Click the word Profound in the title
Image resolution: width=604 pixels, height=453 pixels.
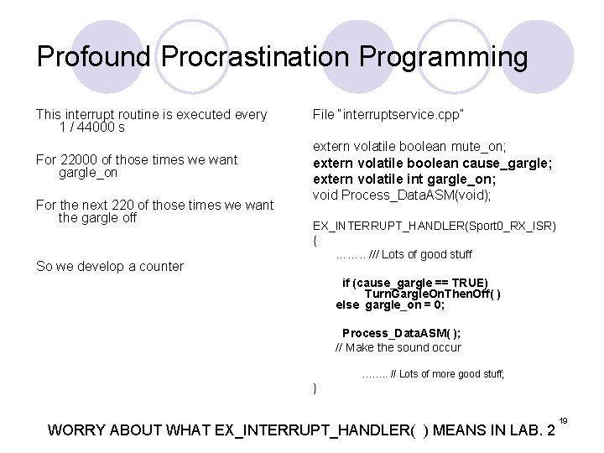pos(95,58)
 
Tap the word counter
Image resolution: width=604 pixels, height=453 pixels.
pos(155,266)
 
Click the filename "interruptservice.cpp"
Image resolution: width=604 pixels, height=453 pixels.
pos(390,113)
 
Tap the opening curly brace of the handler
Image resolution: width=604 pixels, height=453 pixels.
pos(315,241)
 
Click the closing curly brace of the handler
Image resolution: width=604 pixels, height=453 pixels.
pos(315,388)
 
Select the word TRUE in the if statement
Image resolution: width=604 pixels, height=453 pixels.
pos(469,283)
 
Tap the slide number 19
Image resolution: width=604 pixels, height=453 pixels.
pos(564,419)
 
